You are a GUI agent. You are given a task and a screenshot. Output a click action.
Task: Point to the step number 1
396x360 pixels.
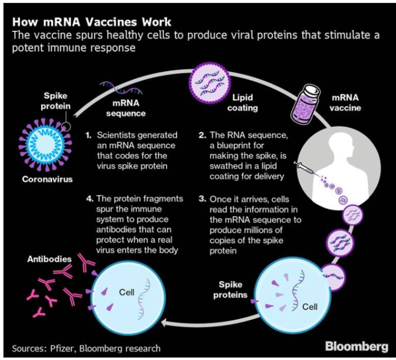tap(88, 135)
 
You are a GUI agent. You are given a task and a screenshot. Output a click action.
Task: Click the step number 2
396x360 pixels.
tap(203, 135)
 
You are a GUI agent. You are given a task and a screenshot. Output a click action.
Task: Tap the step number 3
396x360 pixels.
tap(203, 198)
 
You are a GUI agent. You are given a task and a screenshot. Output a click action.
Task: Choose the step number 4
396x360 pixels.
tap(88, 198)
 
